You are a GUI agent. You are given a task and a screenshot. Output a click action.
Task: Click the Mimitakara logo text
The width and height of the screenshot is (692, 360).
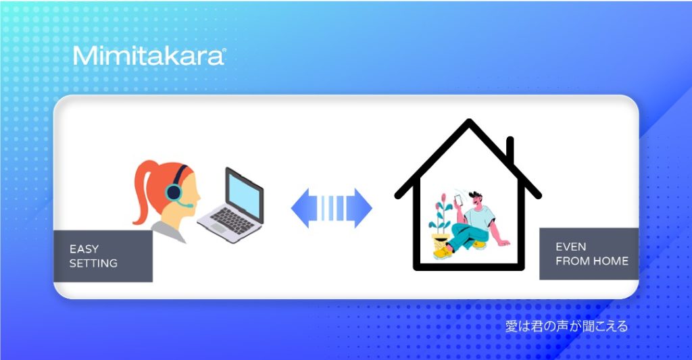click(149, 56)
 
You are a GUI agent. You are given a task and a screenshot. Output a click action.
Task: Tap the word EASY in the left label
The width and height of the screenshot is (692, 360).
click(84, 249)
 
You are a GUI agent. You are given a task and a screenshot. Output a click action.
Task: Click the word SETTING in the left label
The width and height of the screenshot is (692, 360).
click(93, 263)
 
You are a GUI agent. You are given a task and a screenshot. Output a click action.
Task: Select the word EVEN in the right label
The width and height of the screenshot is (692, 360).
click(570, 247)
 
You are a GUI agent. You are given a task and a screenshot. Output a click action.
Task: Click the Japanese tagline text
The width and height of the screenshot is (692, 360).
click(566, 326)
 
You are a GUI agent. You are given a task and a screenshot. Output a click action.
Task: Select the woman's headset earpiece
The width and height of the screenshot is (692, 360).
click(174, 192)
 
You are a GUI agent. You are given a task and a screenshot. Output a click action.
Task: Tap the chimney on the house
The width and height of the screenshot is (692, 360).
click(510, 151)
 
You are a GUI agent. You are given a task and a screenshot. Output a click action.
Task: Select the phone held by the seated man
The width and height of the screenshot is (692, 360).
click(459, 200)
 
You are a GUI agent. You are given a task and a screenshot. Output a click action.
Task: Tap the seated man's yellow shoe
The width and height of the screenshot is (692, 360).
click(443, 253)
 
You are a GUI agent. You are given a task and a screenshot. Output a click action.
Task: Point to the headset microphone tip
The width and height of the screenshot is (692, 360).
click(189, 205)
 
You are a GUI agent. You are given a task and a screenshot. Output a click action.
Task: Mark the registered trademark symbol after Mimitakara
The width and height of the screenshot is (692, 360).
click(224, 50)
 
